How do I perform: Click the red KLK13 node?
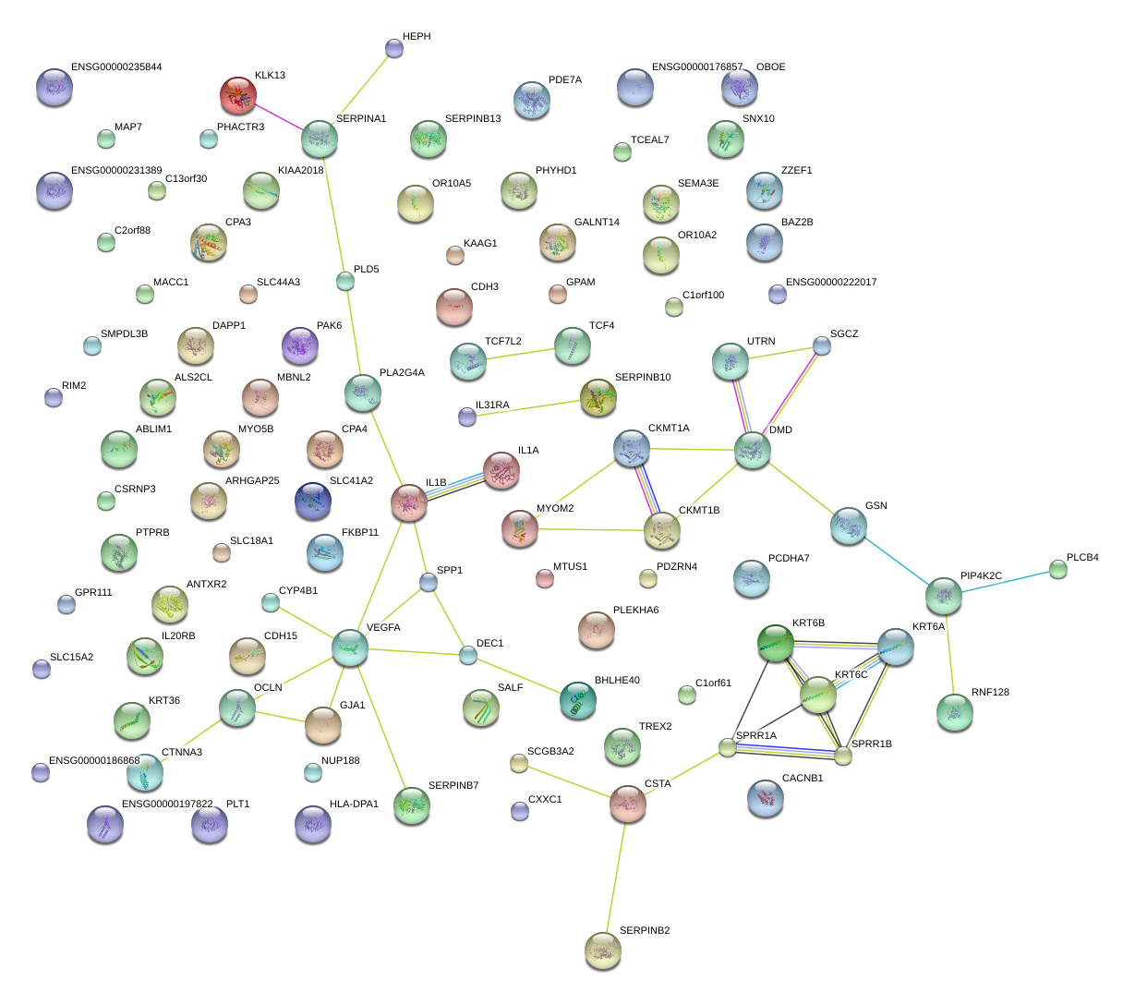point(238,96)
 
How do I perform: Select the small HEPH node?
point(394,48)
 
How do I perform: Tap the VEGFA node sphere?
point(350,648)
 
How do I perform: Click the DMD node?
point(753,451)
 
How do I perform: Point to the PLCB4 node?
point(1058,569)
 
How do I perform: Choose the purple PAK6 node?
point(299,345)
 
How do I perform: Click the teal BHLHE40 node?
point(577,701)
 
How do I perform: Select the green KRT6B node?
point(776,644)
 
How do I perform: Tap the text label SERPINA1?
point(361,119)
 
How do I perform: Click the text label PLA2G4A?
point(402,373)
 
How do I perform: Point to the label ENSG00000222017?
point(831,283)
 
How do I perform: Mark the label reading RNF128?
point(990,693)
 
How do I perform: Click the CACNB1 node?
point(766,799)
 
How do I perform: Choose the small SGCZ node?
point(821,345)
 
